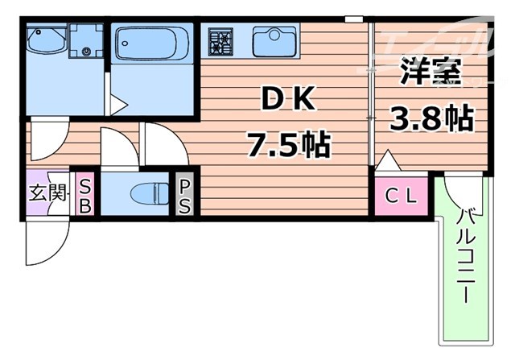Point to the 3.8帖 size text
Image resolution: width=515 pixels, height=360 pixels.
click(431, 119)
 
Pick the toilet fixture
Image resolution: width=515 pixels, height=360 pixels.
click(146, 194)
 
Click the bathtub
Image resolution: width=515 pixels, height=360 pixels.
click(152, 44)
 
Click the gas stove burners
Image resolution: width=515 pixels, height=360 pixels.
click(220, 39)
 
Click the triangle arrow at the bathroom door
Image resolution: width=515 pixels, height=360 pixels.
click(118, 103)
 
